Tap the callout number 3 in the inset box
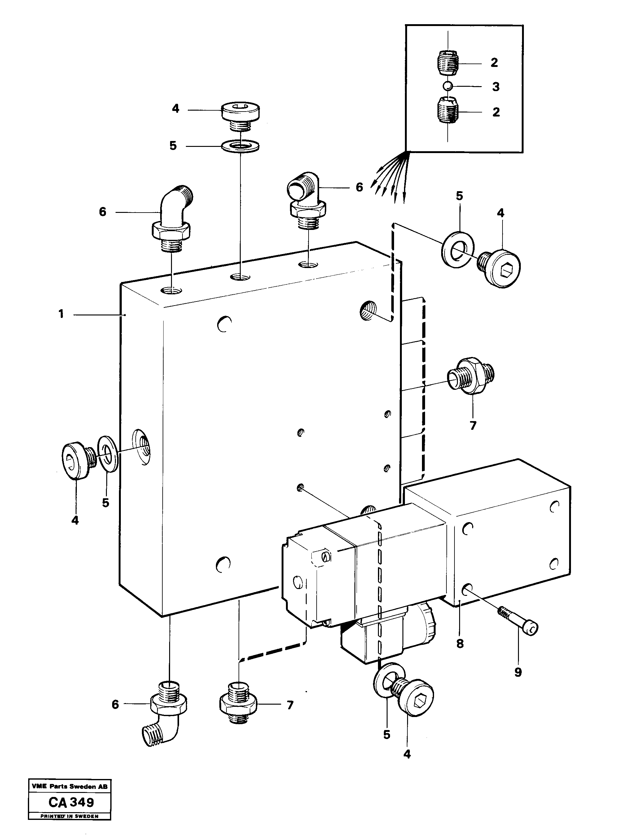click(x=496, y=87)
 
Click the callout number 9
click(x=518, y=672)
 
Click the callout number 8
click(x=460, y=643)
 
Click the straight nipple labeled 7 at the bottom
click(x=238, y=703)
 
